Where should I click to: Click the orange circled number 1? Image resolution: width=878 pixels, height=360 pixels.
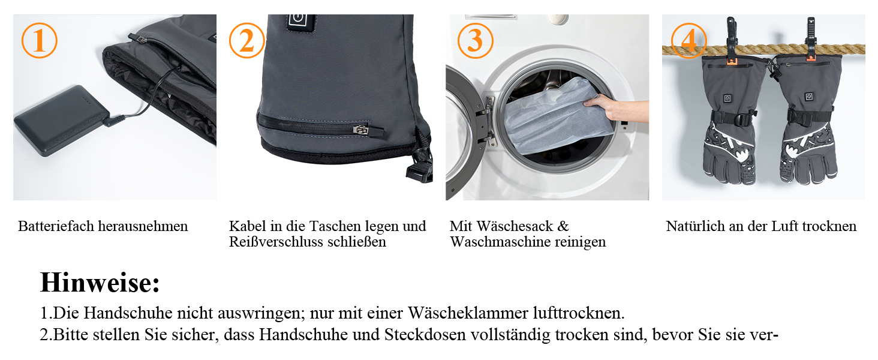coord(39,40)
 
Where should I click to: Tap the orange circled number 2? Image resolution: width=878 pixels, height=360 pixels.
coord(247,40)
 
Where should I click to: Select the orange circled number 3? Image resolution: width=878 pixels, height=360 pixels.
coord(476,40)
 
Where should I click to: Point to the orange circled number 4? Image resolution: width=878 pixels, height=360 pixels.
coord(688,40)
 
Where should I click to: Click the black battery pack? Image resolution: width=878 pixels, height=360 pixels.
coord(61,119)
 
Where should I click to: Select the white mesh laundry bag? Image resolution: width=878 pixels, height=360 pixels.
coord(557,116)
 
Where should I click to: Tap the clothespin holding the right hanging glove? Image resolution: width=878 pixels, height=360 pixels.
coord(811,38)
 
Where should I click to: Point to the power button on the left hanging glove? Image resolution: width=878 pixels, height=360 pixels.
coord(727,98)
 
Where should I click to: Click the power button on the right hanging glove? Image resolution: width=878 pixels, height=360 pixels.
coord(808,97)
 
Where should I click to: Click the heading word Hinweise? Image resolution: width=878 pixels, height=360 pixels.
coord(100,283)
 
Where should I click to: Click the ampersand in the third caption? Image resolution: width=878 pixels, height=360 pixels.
coord(563,226)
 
